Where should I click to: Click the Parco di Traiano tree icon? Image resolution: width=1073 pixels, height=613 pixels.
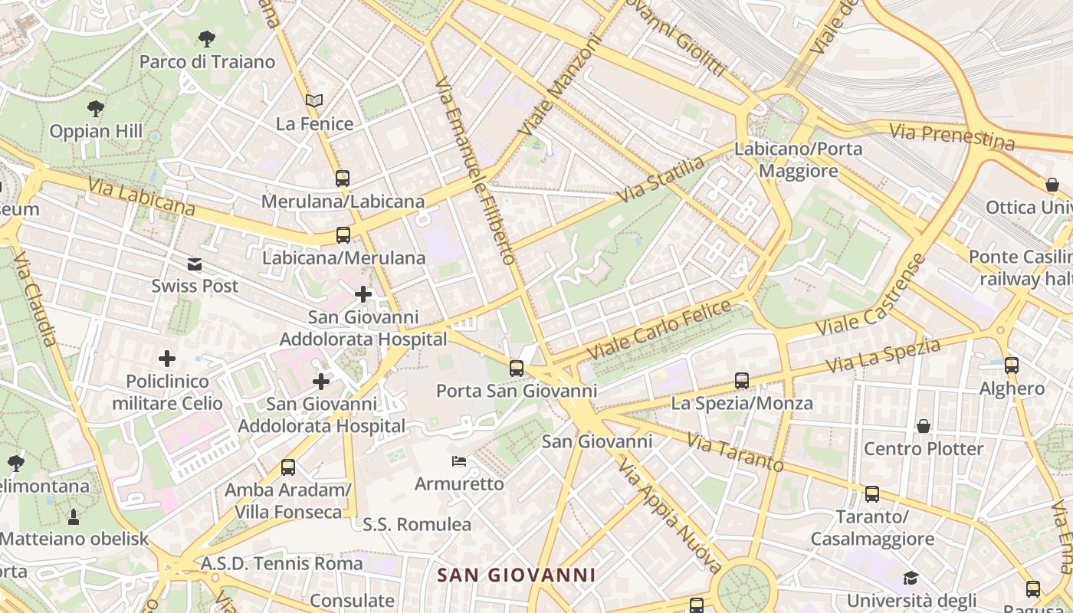point(206,38)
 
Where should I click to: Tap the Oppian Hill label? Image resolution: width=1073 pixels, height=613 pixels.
point(96,131)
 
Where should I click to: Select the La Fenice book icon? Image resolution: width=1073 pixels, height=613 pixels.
point(314,100)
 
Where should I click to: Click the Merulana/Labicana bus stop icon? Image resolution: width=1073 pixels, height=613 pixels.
point(343,179)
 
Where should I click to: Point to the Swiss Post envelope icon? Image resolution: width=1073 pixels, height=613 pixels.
point(195,264)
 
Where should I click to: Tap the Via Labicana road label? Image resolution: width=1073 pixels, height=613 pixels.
point(141,196)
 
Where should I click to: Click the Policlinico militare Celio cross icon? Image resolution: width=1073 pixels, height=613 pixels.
point(167,358)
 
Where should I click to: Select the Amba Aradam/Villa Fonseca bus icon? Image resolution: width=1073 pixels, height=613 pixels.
point(288,467)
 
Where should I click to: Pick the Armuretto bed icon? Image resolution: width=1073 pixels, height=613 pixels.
point(459,461)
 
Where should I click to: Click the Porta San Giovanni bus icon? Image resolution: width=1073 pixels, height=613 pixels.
point(517,368)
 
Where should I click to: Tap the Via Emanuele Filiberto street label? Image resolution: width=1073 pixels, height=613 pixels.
point(476,170)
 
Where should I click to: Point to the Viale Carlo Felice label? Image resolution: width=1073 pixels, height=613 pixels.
point(660,330)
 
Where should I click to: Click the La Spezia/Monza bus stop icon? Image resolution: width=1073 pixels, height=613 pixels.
point(741,380)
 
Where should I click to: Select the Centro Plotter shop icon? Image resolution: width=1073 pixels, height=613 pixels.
point(924,425)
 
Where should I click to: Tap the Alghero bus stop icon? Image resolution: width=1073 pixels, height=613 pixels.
point(1012,366)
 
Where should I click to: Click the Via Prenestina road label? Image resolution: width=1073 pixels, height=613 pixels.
point(952,136)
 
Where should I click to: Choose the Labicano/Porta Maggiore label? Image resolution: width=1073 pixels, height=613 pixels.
point(799,159)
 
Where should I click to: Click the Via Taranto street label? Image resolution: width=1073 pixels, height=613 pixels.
point(735,452)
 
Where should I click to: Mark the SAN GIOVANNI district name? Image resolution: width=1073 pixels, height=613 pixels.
point(516,575)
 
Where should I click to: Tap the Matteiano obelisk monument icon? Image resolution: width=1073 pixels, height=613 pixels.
point(74,517)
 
